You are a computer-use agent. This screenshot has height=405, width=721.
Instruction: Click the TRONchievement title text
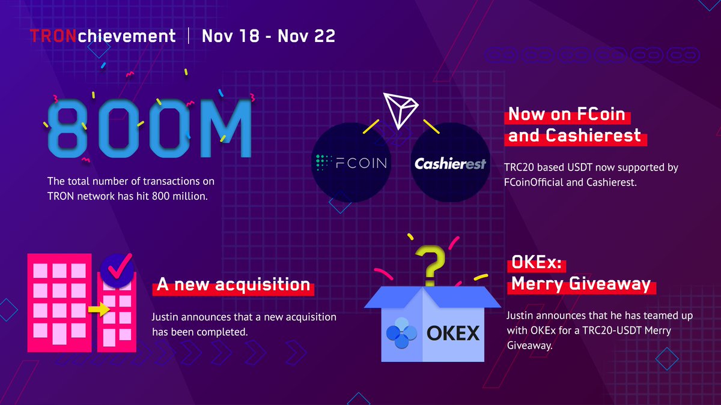[103, 36]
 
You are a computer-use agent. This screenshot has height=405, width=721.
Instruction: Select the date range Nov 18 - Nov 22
[269, 36]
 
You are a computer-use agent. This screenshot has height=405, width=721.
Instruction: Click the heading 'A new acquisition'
[233, 285]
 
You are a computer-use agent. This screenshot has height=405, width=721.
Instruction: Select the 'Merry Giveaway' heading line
[581, 284]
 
